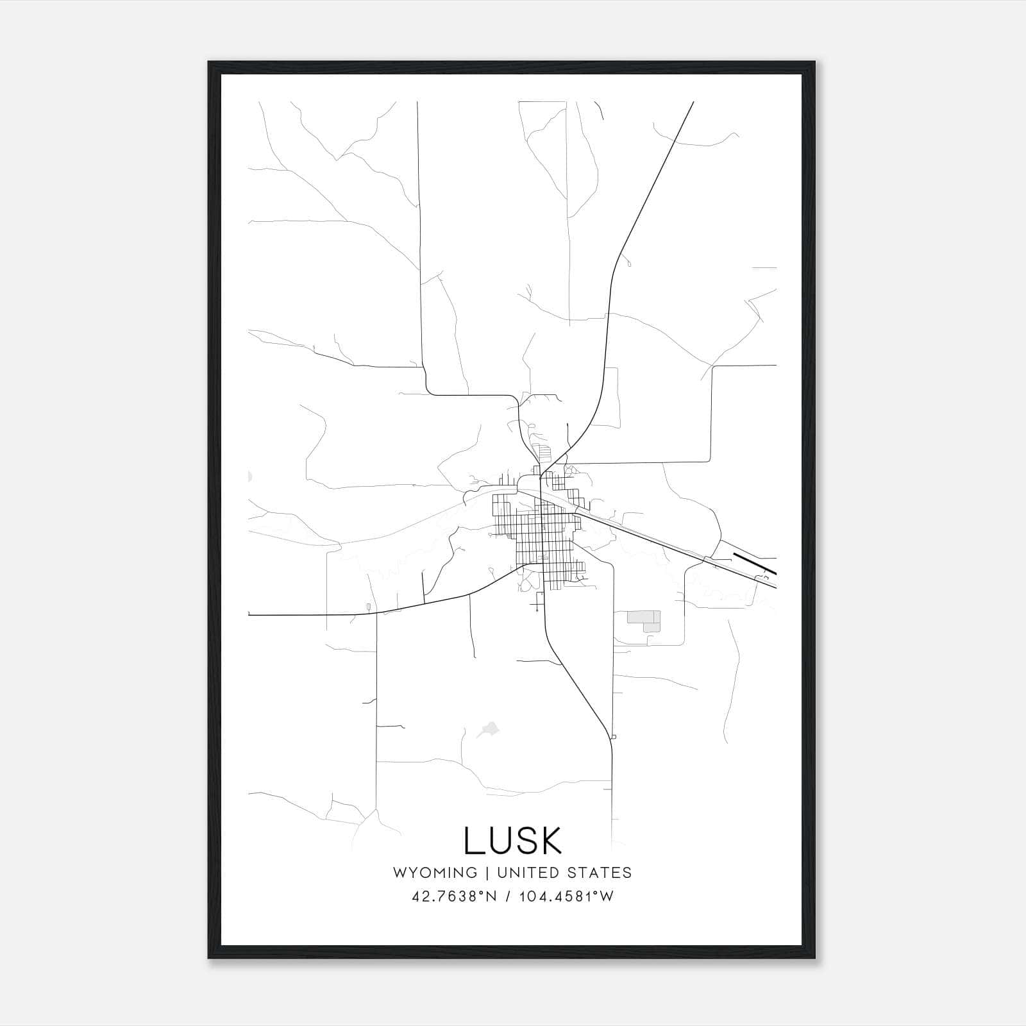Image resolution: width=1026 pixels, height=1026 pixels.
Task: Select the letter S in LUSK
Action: click(x=524, y=841)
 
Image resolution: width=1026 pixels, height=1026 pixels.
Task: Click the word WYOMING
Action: click(x=435, y=873)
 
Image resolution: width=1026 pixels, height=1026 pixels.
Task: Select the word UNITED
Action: click(x=528, y=873)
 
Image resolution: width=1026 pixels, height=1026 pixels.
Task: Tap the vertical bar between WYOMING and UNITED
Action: click(x=487, y=873)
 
